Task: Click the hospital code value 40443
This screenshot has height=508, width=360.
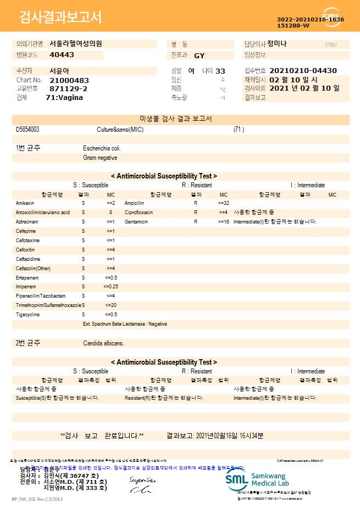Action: coord(62,55)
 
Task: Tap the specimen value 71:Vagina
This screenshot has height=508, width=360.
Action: coord(64,97)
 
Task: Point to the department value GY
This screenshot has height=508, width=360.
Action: coord(199,55)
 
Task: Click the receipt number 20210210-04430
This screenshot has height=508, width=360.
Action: coord(303,71)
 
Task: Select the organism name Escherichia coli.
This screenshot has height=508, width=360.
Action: coord(102,148)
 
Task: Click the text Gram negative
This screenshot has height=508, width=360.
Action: coord(100,158)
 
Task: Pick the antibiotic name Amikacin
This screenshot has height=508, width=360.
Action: coord(25,203)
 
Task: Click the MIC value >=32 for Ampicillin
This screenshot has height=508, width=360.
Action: coord(223,203)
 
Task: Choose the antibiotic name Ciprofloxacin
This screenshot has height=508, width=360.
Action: coord(139,213)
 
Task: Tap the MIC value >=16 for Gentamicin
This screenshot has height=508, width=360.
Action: coord(223,222)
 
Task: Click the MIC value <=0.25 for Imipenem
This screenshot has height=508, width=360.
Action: coord(110,287)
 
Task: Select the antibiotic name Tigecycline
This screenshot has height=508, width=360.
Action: coord(28,315)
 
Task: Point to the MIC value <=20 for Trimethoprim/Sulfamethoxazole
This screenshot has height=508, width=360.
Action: coord(110,305)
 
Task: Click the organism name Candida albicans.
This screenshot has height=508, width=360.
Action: coord(103,343)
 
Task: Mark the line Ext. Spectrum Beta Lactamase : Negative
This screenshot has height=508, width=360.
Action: coord(125,324)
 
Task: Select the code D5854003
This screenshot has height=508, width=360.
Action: coord(27,130)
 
